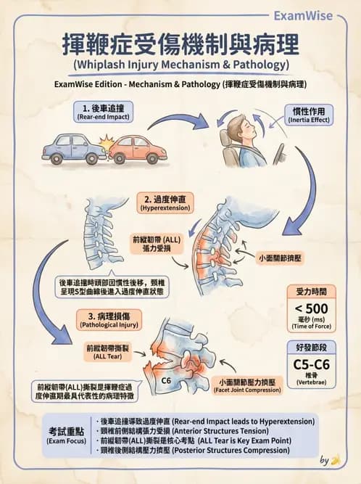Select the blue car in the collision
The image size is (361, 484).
point(75,148)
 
